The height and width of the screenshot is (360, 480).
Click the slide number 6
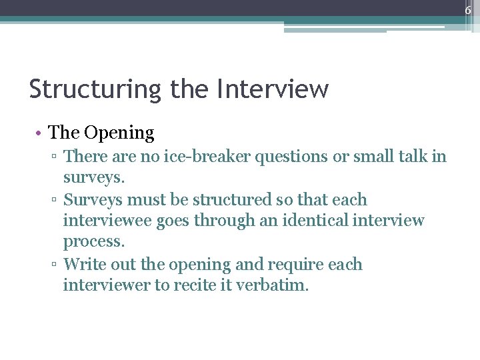468,10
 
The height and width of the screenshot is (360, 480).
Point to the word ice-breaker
189,157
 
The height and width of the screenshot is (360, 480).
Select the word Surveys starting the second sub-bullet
93,200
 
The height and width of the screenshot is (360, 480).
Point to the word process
93,242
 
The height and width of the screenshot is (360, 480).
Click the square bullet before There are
55,157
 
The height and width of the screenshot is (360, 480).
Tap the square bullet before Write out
55,265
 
